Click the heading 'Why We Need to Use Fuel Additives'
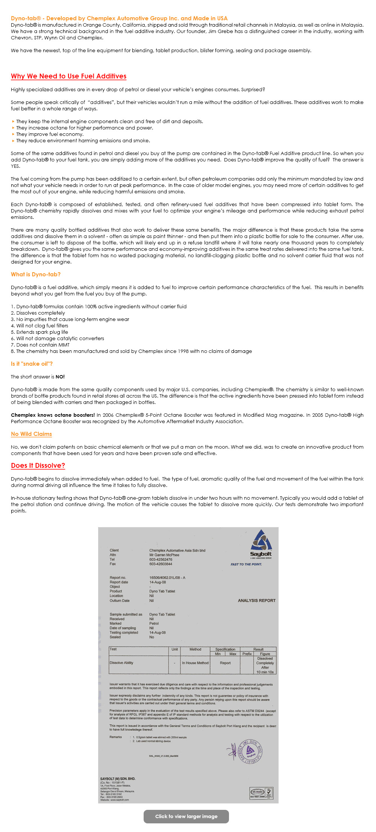[68, 76]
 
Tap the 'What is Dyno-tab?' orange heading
[36, 274]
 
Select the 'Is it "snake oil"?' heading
[32, 364]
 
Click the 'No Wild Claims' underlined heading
[31, 434]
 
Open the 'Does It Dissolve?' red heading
[38, 466]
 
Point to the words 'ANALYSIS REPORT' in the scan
[256, 600]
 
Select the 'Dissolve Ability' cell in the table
[121, 663]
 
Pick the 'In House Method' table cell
[195, 663]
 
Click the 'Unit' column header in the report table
[174, 649]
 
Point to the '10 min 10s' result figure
[265, 672]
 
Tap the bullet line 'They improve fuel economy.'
[50, 134]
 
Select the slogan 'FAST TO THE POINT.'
[246, 564]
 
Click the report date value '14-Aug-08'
[158, 582]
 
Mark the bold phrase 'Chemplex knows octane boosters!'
[53, 415]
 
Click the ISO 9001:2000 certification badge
[261, 793]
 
